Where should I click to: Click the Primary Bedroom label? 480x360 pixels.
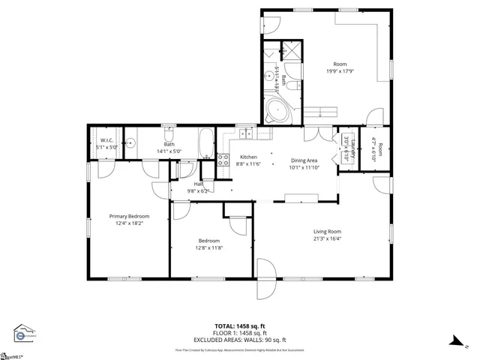pyautogui.click(x=129, y=215)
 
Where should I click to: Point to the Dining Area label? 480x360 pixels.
pyautogui.click(x=303, y=160)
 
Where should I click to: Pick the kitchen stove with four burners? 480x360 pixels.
pyautogui.click(x=223, y=160)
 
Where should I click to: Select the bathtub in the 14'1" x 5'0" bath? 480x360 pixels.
pyautogui.click(x=205, y=142)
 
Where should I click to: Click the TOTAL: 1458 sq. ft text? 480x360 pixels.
pyautogui.click(x=239, y=327)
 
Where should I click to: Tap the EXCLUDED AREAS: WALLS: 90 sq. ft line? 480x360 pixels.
pyautogui.click(x=239, y=339)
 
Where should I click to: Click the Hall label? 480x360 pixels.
pyautogui.click(x=199, y=184)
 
